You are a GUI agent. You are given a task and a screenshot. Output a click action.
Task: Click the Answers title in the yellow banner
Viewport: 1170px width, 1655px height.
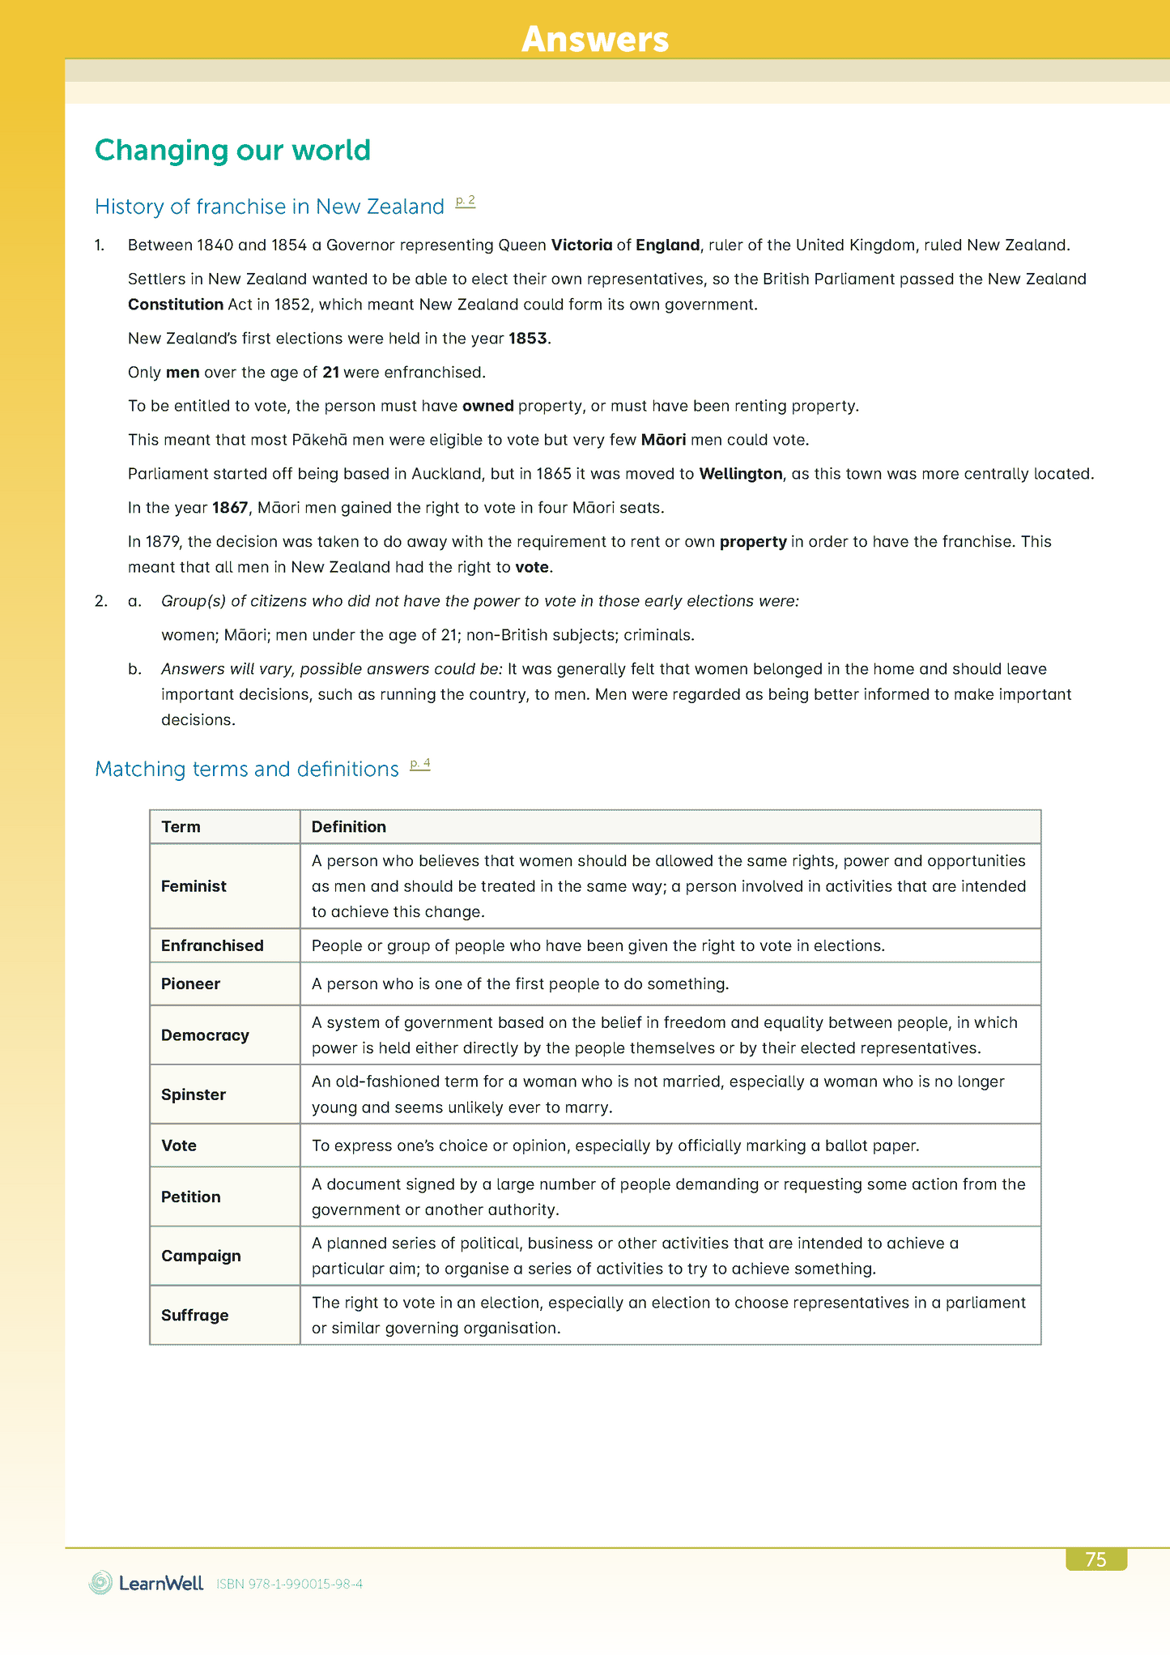(x=595, y=39)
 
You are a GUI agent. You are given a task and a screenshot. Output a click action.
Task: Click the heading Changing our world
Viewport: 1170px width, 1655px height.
(x=232, y=150)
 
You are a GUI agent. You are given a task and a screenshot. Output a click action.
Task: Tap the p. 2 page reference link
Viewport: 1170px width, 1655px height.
(x=465, y=201)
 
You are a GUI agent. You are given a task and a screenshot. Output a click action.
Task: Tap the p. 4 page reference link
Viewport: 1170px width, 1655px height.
(x=419, y=763)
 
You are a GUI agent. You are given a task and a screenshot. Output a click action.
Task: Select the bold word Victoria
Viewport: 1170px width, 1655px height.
(x=581, y=245)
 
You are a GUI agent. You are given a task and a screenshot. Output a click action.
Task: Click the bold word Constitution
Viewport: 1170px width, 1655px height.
(x=176, y=305)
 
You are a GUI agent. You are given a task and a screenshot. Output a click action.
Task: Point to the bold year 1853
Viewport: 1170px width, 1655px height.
(x=528, y=339)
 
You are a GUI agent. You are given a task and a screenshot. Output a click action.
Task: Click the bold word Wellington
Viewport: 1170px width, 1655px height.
(x=741, y=474)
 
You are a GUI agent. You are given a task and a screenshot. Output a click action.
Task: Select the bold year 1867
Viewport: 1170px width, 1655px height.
(x=230, y=508)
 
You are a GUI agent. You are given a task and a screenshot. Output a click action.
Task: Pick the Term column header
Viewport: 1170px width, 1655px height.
(x=181, y=827)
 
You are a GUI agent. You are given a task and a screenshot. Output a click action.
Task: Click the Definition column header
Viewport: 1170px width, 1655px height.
(x=349, y=827)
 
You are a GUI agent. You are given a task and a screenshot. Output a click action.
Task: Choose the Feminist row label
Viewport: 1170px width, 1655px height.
(x=194, y=886)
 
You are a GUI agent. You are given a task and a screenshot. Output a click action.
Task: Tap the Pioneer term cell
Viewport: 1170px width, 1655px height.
(x=190, y=984)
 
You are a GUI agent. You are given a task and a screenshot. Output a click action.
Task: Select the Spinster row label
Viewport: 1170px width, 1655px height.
(x=194, y=1094)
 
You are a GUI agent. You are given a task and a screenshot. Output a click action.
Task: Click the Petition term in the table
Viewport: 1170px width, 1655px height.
(x=190, y=1197)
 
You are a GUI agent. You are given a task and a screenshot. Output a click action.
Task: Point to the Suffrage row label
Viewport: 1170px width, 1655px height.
(x=194, y=1316)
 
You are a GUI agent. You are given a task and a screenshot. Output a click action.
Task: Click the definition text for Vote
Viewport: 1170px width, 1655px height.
(x=615, y=1146)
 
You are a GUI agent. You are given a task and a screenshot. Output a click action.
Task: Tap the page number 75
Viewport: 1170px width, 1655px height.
(x=1096, y=1559)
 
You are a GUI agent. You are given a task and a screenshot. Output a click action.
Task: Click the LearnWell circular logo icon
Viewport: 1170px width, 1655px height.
(x=101, y=1583)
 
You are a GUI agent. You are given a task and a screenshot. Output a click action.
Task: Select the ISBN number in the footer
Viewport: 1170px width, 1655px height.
(x=289, y=1585)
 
